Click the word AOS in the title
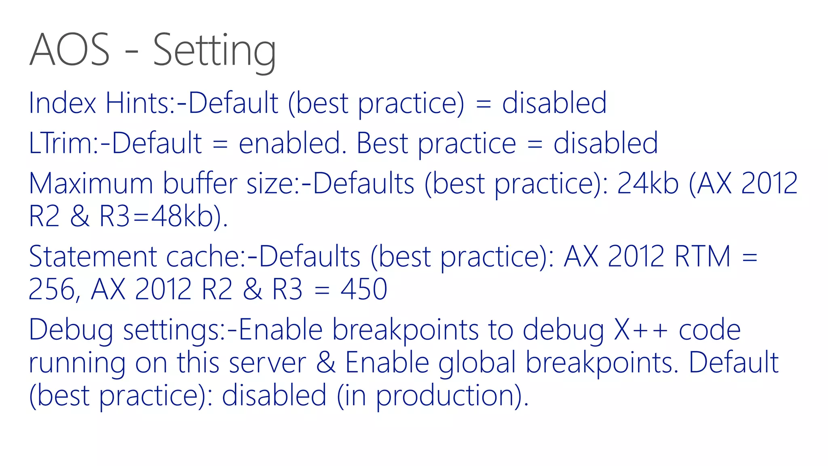pos(70,50)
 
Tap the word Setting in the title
pos(214,51)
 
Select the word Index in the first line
pos(62,103)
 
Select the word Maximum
pos(91,184)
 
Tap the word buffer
pos(200,184)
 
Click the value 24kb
pos(648,184)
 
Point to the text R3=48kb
pos(162,216)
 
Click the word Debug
pos(71,330)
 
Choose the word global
pos(477,362)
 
